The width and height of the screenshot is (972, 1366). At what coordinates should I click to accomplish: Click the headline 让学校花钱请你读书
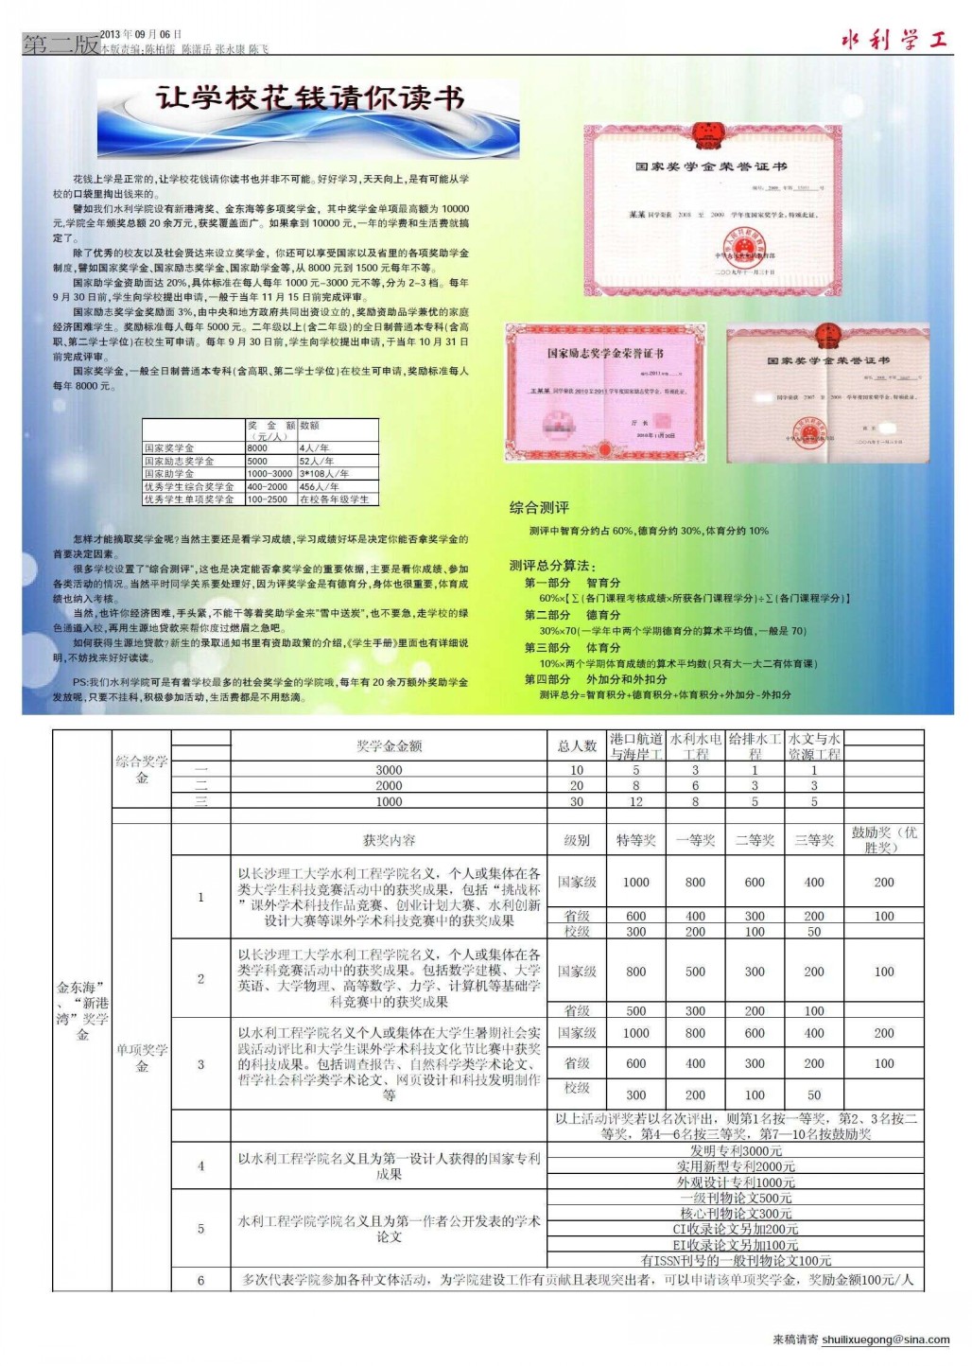309,98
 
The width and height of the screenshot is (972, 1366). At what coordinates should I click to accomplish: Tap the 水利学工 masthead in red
894,40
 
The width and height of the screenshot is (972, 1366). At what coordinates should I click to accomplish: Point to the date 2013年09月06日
141,34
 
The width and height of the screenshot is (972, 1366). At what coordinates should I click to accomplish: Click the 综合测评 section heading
539,508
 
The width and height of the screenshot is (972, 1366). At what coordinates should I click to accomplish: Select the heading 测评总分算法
552,566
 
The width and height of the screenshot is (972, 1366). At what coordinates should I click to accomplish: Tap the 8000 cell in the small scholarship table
257,448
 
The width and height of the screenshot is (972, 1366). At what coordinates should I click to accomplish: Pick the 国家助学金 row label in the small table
169,474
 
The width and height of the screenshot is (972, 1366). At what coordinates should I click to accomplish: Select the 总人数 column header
577,746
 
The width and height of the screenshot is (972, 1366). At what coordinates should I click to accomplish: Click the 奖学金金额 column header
389,746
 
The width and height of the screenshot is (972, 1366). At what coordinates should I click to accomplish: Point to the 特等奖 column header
635,840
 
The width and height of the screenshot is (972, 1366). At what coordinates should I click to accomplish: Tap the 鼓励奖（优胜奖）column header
883,840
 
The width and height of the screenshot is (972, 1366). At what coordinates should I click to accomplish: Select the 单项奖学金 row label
142,1058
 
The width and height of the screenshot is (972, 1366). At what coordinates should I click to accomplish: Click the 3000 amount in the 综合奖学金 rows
389,770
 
